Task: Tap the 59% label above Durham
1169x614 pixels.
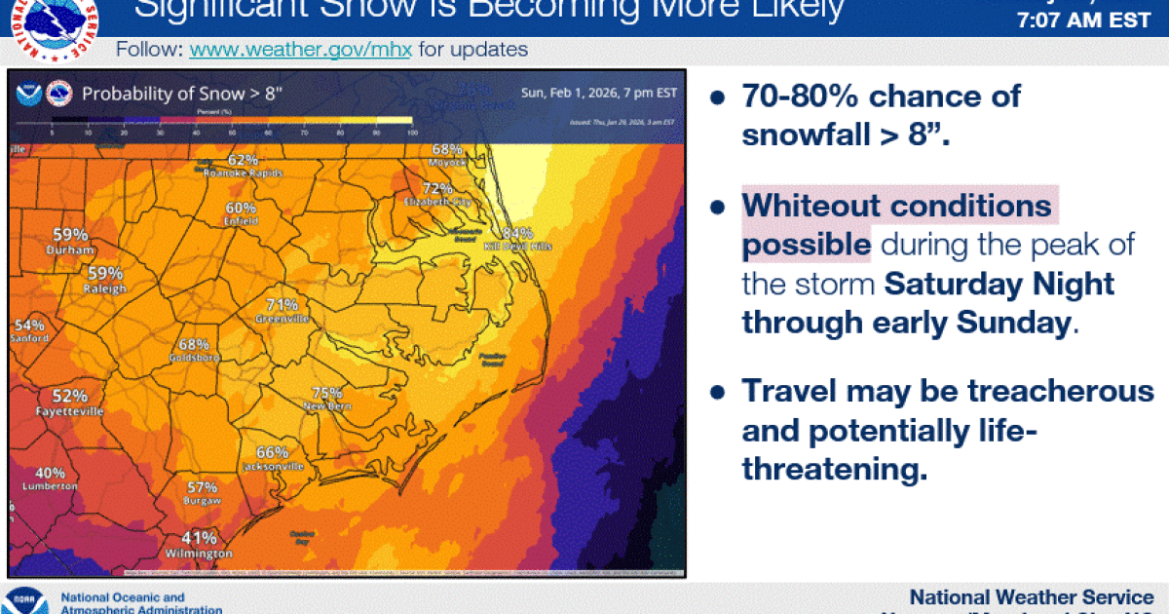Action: click(x=70, y=235)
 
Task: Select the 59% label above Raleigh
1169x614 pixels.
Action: click(x=105, y=274)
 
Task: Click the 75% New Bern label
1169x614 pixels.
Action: click(x=326, y=393)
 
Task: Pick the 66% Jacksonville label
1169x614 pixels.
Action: click(x=273, y=452)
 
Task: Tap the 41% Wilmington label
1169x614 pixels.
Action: click(x=200, y=538)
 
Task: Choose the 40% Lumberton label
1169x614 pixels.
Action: click(x=50, y=473)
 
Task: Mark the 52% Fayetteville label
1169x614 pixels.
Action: click(x=69, y=396)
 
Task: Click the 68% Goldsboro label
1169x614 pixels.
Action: click(x=193, y=344)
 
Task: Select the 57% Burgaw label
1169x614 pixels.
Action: click(x=202, y=487)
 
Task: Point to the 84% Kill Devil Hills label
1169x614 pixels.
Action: click(x=517, y=233)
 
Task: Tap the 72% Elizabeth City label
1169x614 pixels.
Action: click(x=438, y=188)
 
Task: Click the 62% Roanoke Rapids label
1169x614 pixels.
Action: click(x=243, y=160)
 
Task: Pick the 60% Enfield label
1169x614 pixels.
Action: click(x=241, y=208)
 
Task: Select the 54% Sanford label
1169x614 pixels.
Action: click(x=29, y=326)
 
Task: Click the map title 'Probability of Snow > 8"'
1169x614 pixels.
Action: click(x=182, y=94)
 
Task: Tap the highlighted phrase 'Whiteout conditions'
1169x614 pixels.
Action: click(x=896, y=206)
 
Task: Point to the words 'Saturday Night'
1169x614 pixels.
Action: click(x=999, y=285)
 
